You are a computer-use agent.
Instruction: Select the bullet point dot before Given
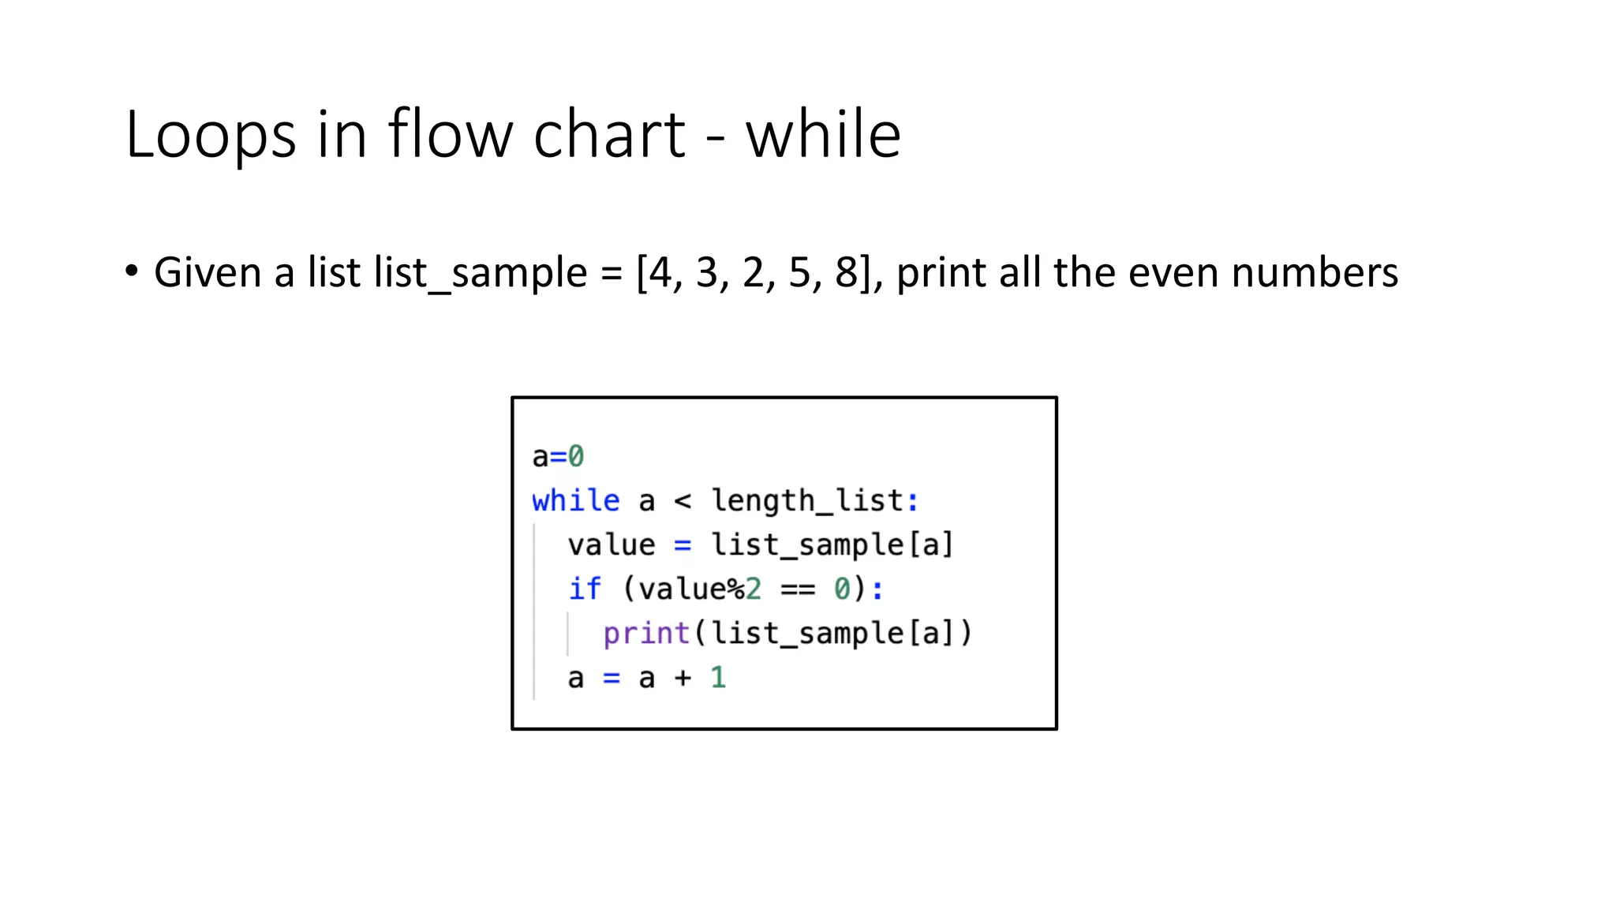131,271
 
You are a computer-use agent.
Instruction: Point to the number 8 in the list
846,273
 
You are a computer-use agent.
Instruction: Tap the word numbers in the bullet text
1315,273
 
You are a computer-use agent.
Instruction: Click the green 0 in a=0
576,456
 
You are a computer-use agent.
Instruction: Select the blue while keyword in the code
575,500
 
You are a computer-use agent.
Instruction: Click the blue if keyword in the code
585,589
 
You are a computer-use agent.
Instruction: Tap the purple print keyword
646,634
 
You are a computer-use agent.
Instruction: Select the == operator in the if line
797,589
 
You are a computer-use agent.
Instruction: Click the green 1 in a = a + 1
717,678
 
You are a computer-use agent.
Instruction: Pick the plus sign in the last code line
683,678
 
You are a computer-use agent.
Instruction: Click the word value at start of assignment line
611,544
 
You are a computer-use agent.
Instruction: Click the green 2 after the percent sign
754,589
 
